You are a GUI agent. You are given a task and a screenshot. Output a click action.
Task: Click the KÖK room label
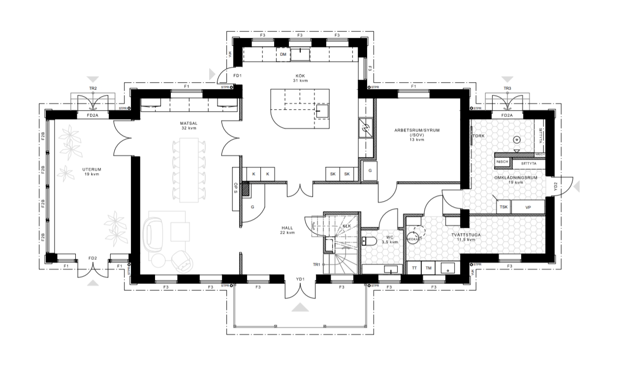(x=300, y=75)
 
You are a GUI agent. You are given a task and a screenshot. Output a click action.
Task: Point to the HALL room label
(x=287, y=228)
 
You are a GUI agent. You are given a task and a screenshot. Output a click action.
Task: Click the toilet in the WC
(x=369, y=241)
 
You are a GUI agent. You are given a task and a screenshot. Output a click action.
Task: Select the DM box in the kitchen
(x=283, y=55)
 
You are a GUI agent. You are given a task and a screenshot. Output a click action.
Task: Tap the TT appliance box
(x=414, y=268)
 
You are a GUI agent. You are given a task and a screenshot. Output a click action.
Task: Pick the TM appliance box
(x=429, y=268)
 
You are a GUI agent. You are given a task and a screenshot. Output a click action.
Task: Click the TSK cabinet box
(x=503, y=207)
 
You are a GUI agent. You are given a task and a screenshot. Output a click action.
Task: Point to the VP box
(x=528, y=207)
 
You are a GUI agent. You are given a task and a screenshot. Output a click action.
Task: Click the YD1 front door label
(x=300, y=279)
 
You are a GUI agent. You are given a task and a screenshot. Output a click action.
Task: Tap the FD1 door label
(x=238, y=76)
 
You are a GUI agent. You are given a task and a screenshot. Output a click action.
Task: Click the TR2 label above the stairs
(x=92, y=89)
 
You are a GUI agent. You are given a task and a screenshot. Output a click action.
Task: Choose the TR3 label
(x=507, y=89)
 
